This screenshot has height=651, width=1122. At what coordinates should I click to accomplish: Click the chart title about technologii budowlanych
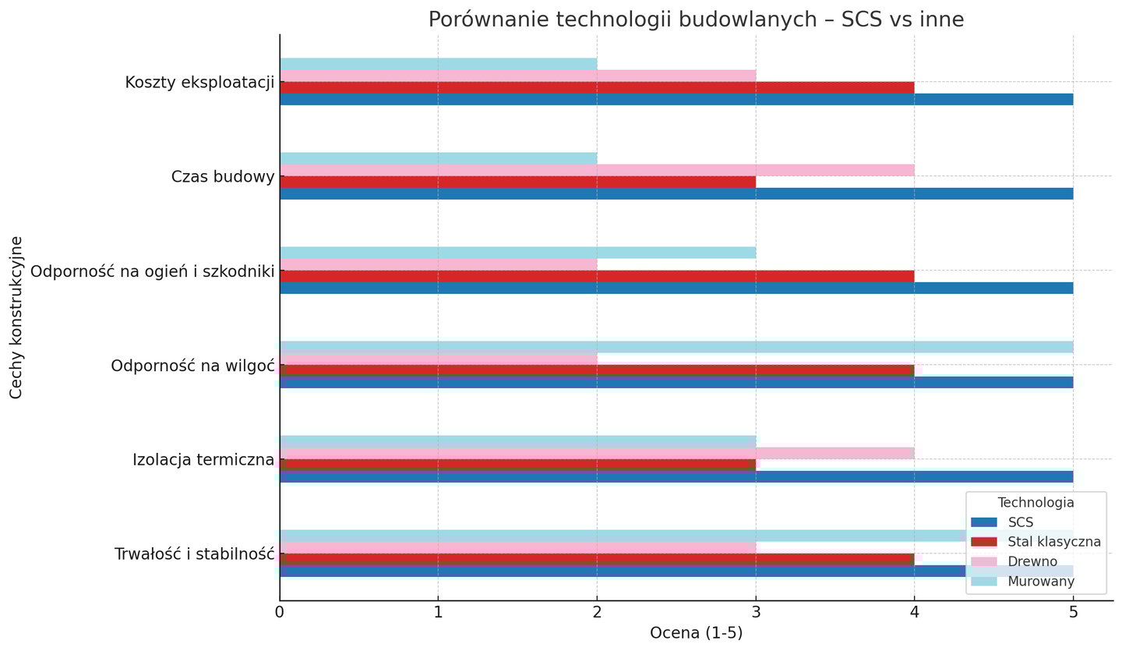pos(696,19)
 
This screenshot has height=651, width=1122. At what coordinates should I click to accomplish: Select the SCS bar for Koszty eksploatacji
pos(676,99)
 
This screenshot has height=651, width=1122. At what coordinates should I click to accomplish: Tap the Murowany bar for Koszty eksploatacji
pos(438,64)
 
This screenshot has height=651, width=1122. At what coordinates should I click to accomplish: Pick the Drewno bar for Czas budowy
pos(596,170)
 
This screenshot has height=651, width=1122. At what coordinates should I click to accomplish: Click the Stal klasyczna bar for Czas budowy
pos(517,182)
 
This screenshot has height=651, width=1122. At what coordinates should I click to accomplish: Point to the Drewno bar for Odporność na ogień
pos(438,264)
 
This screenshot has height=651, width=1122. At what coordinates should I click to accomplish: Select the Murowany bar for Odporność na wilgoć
pos(676,347)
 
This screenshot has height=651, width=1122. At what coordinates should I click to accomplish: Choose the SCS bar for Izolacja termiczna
pos(676,477)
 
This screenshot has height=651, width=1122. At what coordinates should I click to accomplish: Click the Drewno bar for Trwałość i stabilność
pos(517,547)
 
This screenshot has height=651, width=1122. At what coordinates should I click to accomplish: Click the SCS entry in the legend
pos(1020,522)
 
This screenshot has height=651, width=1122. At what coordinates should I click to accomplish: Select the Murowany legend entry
pos(1040,582)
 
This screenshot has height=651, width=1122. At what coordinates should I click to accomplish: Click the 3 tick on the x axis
pos(755,613)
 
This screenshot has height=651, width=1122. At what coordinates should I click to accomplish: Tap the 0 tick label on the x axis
pos(280,613)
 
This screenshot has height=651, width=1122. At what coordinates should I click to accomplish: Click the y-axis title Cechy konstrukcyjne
pos(16,317)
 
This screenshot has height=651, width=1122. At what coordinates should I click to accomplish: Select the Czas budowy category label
pos(223,177)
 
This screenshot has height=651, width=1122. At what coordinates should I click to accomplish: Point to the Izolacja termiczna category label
pos(203,460)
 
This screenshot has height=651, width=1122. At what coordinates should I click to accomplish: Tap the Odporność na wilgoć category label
pos(192,366)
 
